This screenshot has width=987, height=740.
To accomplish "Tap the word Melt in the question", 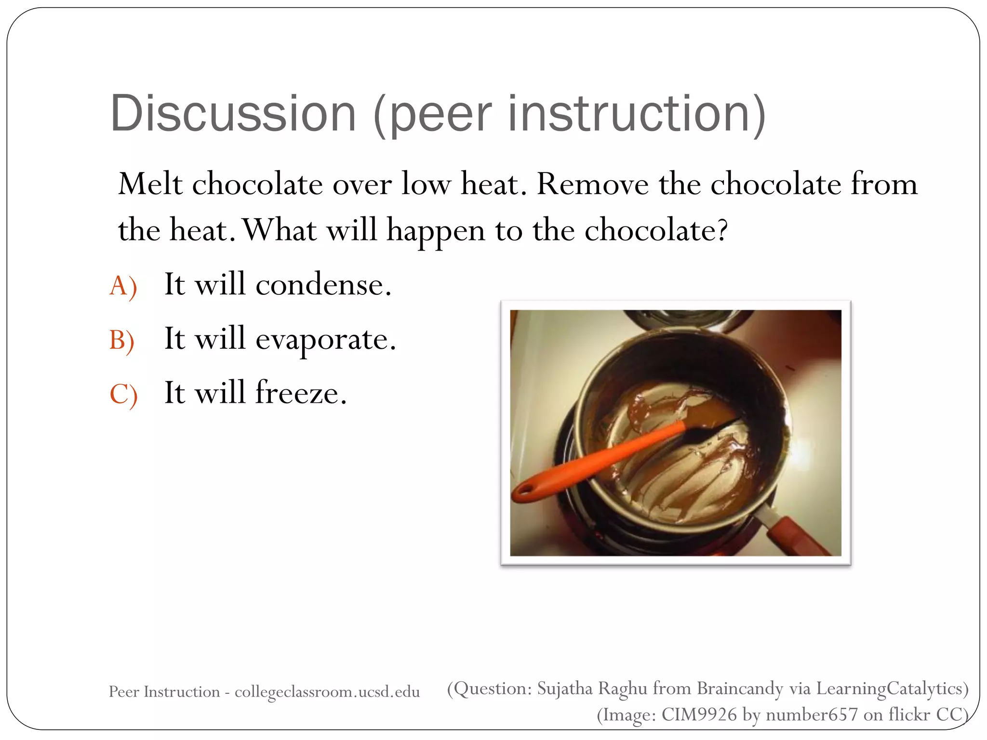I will click(150, 184).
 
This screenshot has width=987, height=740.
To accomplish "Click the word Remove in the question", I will click(592, 184).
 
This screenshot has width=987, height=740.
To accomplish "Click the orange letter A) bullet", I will click(123, 286).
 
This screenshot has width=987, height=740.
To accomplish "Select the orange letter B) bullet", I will click(122, 340).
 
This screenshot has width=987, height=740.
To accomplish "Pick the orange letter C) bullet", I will click(123, 394).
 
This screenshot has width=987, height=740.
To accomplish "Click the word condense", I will click(323, 285).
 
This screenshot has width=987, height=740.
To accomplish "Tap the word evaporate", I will click(325, 340).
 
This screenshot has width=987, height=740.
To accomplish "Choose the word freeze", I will click(301, 393).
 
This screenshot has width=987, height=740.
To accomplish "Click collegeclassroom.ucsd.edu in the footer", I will click(327, 692).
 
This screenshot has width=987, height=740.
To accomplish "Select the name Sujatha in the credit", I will click(565, 689).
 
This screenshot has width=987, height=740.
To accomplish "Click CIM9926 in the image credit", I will click(699, 714).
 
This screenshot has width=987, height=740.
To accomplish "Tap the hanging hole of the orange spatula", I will click(526, 491).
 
